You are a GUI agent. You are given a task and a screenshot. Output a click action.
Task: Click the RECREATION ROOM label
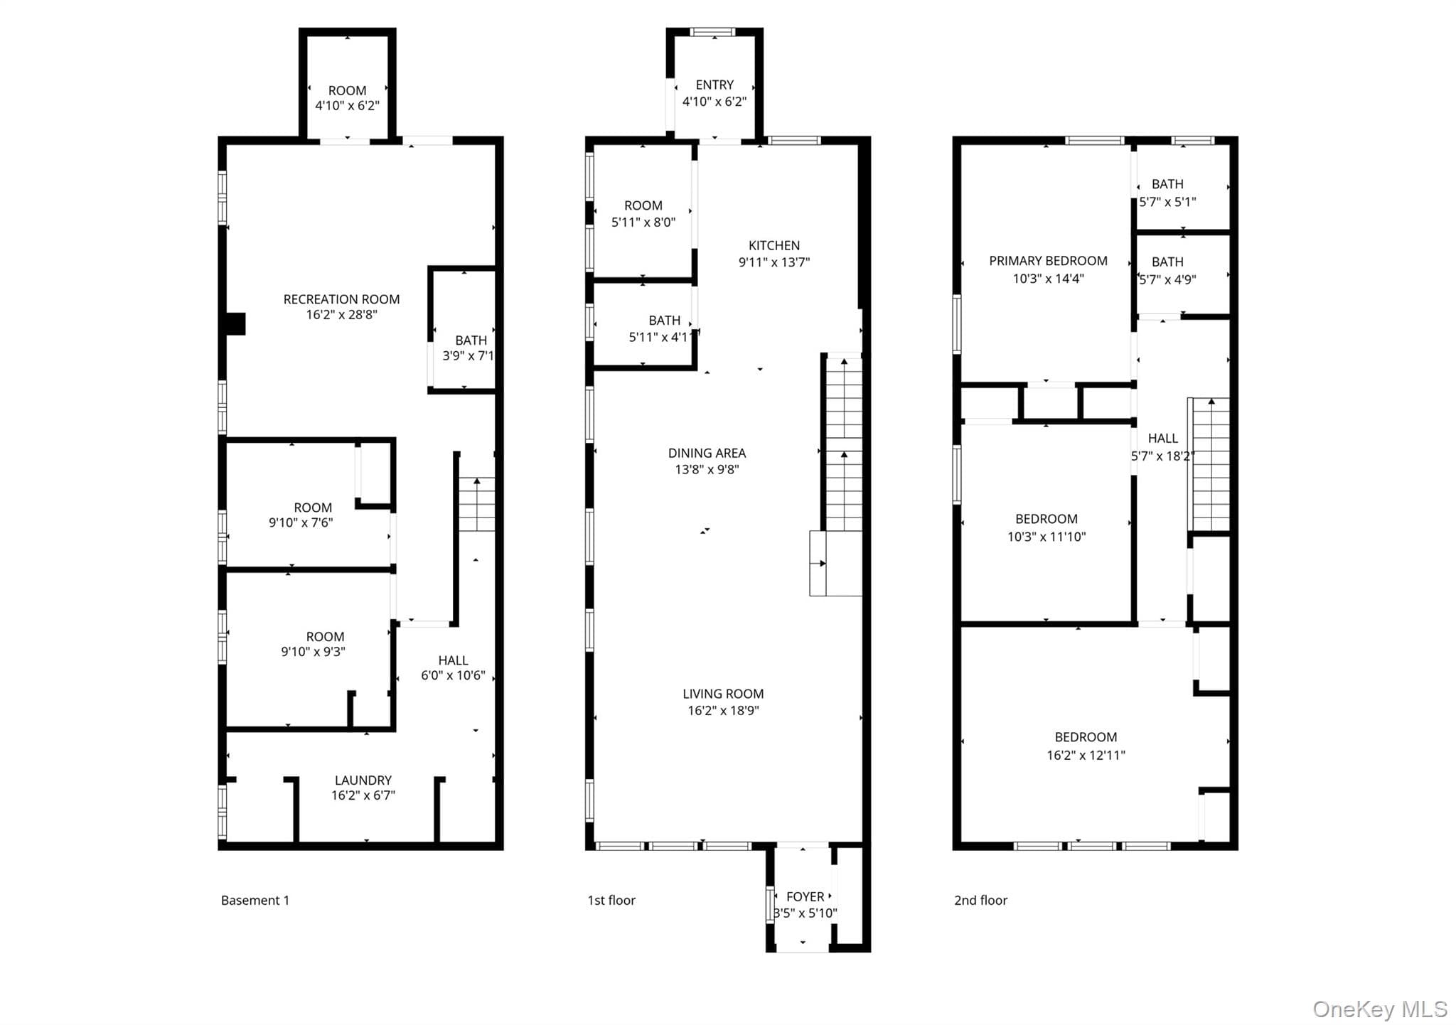[341, 299]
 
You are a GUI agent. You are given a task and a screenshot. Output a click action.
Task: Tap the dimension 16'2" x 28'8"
[341, 315]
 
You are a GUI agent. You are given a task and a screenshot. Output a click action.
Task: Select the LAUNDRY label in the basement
[363, 780]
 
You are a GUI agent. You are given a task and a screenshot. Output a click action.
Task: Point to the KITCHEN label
[774, 245]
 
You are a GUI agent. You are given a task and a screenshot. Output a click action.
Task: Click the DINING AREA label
[707, 453]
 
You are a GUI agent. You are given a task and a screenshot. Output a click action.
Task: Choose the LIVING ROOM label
[723, 694]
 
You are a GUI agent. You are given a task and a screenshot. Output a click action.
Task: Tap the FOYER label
[805, 897]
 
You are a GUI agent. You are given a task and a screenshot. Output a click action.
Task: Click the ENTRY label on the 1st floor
[714, 85]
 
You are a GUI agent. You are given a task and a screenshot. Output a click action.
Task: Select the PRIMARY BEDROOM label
[1048, 261]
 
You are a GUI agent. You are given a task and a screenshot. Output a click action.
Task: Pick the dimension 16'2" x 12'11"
[1086, 755]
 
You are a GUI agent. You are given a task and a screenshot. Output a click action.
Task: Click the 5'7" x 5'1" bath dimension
[1167, 202]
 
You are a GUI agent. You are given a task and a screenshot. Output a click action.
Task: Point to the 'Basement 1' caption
[255, 901]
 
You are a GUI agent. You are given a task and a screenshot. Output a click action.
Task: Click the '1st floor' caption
[611, 901]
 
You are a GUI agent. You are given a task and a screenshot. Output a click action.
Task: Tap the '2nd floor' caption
[980, 901]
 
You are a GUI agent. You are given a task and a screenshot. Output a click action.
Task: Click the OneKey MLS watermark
[1380, 1009]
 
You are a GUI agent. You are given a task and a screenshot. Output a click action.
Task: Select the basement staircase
[476, 505]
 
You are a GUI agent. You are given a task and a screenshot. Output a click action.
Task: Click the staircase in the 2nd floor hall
[1210, 464]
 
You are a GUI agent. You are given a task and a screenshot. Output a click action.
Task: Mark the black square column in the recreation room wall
[235, 324]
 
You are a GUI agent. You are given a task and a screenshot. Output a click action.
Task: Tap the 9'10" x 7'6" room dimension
[301, 523]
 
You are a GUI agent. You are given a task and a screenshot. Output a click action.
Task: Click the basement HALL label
[453, 660]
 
